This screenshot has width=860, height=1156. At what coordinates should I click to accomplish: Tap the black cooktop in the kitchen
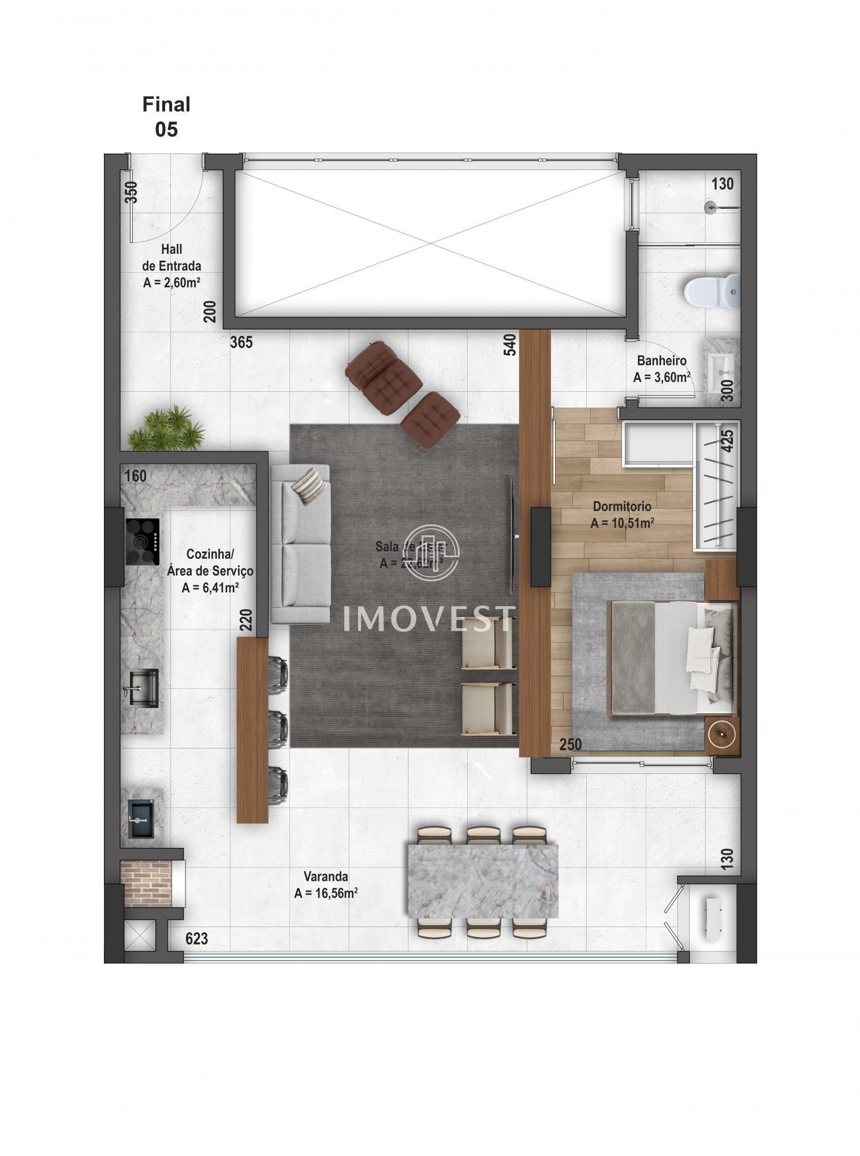point(142,542)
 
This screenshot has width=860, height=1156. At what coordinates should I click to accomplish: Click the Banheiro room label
point(661,369)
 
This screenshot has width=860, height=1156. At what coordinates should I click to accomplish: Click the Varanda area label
point(326,884)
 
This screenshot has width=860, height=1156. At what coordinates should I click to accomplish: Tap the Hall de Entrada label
point(172,265)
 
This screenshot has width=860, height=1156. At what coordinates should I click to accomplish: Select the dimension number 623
point(196,939)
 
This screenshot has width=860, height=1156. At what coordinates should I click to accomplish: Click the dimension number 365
point(241,342)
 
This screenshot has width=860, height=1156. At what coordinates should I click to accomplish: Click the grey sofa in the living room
point(300,543)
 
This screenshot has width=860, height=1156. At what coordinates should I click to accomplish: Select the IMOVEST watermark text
point(429,619)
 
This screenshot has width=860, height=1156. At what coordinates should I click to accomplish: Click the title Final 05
point(166,117)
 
